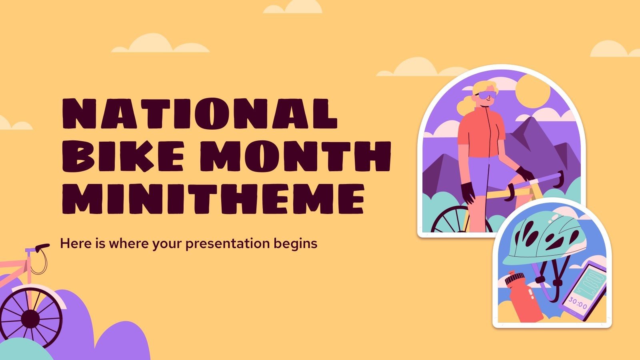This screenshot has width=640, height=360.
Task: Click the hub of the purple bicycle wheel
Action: coord(30,319)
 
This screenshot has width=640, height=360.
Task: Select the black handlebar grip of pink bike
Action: coord(42,248)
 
